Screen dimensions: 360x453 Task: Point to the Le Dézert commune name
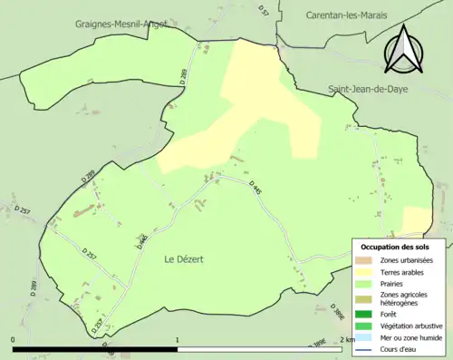coord(184,259)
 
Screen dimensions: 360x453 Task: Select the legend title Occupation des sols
coord(397,247)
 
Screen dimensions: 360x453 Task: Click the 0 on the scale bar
coord(14,339)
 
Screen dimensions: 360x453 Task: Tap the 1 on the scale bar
coord(178,339)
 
